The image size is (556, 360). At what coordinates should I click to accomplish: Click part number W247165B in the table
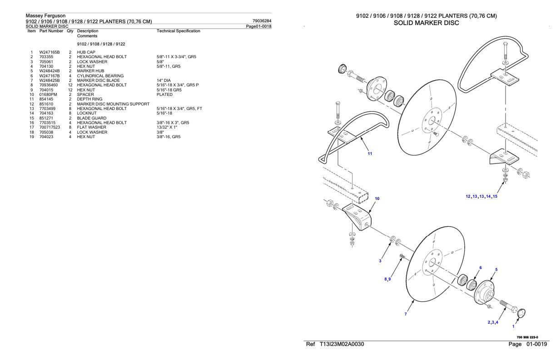coord(50,52)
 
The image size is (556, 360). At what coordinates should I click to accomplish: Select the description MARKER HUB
coord(90,71)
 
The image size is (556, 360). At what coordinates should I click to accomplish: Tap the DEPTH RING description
coord(89,99)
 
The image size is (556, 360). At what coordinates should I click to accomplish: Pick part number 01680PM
coord(48,95)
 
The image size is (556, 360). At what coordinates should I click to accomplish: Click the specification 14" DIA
coord(164,80)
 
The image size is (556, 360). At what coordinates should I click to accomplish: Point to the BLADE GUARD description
coord(91,118)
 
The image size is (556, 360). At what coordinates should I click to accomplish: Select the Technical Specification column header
coord(178,31)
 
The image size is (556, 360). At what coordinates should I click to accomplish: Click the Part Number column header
coord(51,31)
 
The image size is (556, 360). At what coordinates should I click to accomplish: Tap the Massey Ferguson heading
coord(45,15)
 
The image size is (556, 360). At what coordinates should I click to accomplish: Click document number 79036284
coord(262,21)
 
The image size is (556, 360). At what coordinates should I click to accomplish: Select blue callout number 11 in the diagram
coord(370,154)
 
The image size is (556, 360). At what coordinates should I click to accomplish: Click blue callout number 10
coord(377,199)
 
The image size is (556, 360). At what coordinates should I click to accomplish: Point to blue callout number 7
coord(406,314)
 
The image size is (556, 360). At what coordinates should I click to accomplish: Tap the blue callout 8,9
coord(387,279)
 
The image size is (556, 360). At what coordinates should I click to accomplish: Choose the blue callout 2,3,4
coord(493,322)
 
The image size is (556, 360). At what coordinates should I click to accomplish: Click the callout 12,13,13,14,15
coord(482,196)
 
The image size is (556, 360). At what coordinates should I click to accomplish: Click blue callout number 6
coord(481,268)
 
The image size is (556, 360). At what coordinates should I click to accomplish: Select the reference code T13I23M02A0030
coord(342,344)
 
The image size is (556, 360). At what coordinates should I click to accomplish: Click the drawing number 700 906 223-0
coord(527,337)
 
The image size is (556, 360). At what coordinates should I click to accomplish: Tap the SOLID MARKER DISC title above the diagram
coord(427,23)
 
